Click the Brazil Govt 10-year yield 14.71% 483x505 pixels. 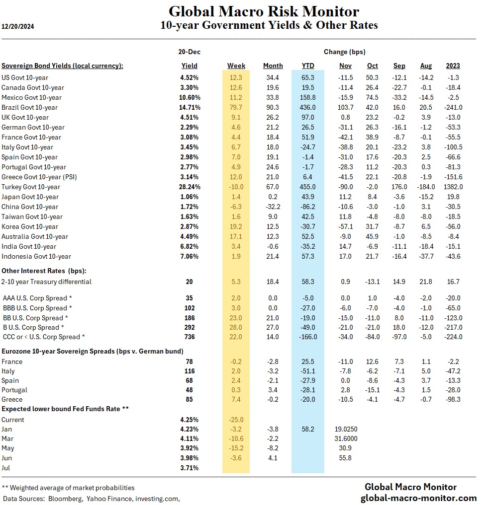(189, 107)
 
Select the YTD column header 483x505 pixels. (308, 66)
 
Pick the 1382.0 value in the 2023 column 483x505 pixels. (453, 187)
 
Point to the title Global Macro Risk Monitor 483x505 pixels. (264, 11)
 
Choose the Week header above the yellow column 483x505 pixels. (236, 66)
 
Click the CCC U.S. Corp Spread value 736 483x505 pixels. (189, 337)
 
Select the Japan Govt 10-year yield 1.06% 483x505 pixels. (189, 197)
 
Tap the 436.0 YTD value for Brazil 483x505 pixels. (308, 107)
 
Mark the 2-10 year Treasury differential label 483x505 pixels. (47, 282)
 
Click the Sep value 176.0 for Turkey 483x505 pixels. (399, 187)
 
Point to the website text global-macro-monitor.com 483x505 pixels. (418, 498)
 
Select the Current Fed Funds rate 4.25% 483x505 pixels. (189, 420)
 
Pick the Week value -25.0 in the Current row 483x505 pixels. (236, 420)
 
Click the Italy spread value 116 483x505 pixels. (189, 371)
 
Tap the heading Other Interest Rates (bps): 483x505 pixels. (44, 271)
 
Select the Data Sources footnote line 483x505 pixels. (92, 498)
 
